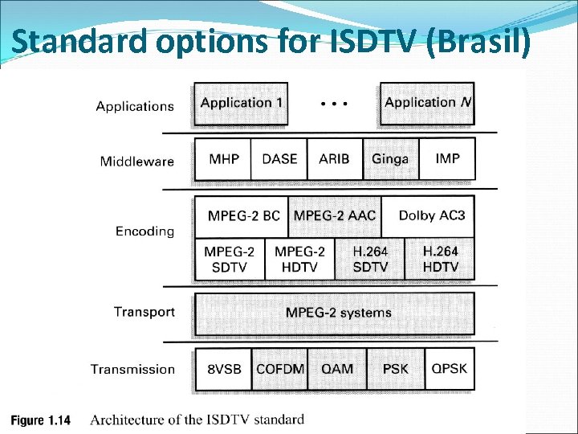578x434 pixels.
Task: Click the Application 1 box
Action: (241, 104)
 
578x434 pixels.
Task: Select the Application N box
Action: (427, 104)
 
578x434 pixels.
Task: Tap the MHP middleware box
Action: (223, 159)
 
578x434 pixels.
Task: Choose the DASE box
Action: (279, 159)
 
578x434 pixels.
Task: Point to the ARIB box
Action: (334, 159)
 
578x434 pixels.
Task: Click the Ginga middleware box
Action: (390, 159)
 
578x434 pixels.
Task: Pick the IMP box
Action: (447, 159)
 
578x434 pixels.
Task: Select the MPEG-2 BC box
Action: (243, 216)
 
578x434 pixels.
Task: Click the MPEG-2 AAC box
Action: (334, 216)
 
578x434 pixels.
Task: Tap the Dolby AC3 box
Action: (431, 216)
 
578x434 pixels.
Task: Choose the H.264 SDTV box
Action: (370, 260)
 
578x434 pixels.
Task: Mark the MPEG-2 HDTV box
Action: (299, 260)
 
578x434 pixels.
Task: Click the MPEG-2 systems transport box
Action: (338, 313)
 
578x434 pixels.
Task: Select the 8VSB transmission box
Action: (224, 370)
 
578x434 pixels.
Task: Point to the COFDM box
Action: (280, 370)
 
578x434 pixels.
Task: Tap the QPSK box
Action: (449, 370)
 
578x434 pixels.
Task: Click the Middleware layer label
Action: (136, 162)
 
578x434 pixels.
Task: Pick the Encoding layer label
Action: (144, 231)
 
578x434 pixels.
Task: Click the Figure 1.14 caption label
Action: (40, 420)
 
